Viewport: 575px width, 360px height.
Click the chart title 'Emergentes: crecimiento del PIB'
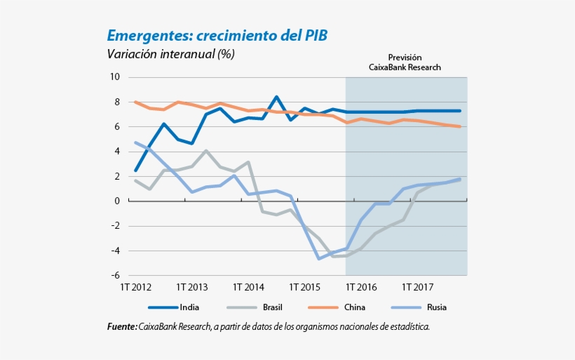coord(217,35)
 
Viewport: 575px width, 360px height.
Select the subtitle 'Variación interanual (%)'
coord(170,53)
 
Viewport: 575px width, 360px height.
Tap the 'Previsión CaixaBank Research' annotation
coord(405,62)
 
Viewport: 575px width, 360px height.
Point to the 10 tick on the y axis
coord(115,76)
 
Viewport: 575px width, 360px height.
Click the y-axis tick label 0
coord(117,201)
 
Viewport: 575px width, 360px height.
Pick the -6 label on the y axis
coord(115,276)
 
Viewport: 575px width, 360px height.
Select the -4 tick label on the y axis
coord(115,251)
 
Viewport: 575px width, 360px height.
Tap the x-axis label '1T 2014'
coord(248,287)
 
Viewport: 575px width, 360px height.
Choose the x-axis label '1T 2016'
coord(360,287)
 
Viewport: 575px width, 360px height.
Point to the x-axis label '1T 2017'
coord(417,287)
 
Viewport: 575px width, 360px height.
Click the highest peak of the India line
coord(276,97)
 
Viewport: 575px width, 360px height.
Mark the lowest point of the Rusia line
coord(319,259)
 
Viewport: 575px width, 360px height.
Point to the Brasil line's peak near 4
coord(206,150)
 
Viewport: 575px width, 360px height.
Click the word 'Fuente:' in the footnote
coord(122,327)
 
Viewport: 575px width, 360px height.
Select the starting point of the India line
coord(135,170)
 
